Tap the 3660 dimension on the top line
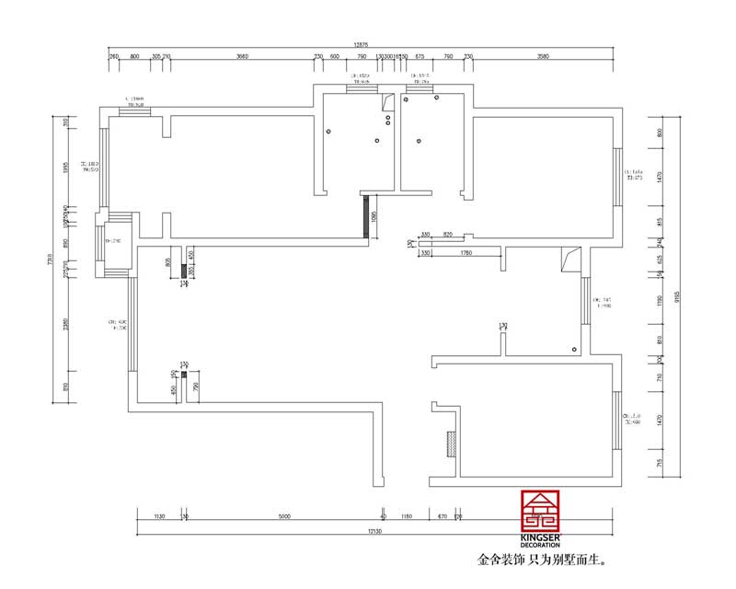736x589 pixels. coord(242,56)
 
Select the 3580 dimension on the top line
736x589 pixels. coord(543,56)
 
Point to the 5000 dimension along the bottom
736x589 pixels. coord(284,516)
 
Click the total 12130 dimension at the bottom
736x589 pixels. coord(373,531)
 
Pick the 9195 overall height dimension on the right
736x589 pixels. coord(676,296)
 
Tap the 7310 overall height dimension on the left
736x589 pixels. coord(51,260)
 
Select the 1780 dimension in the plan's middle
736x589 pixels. coord(465,252)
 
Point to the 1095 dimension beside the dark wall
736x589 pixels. coord(374,218)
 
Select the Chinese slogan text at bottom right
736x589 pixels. coord(543,560)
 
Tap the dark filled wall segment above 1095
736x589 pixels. coord(367,217)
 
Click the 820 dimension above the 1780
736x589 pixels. coord(447,236)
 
